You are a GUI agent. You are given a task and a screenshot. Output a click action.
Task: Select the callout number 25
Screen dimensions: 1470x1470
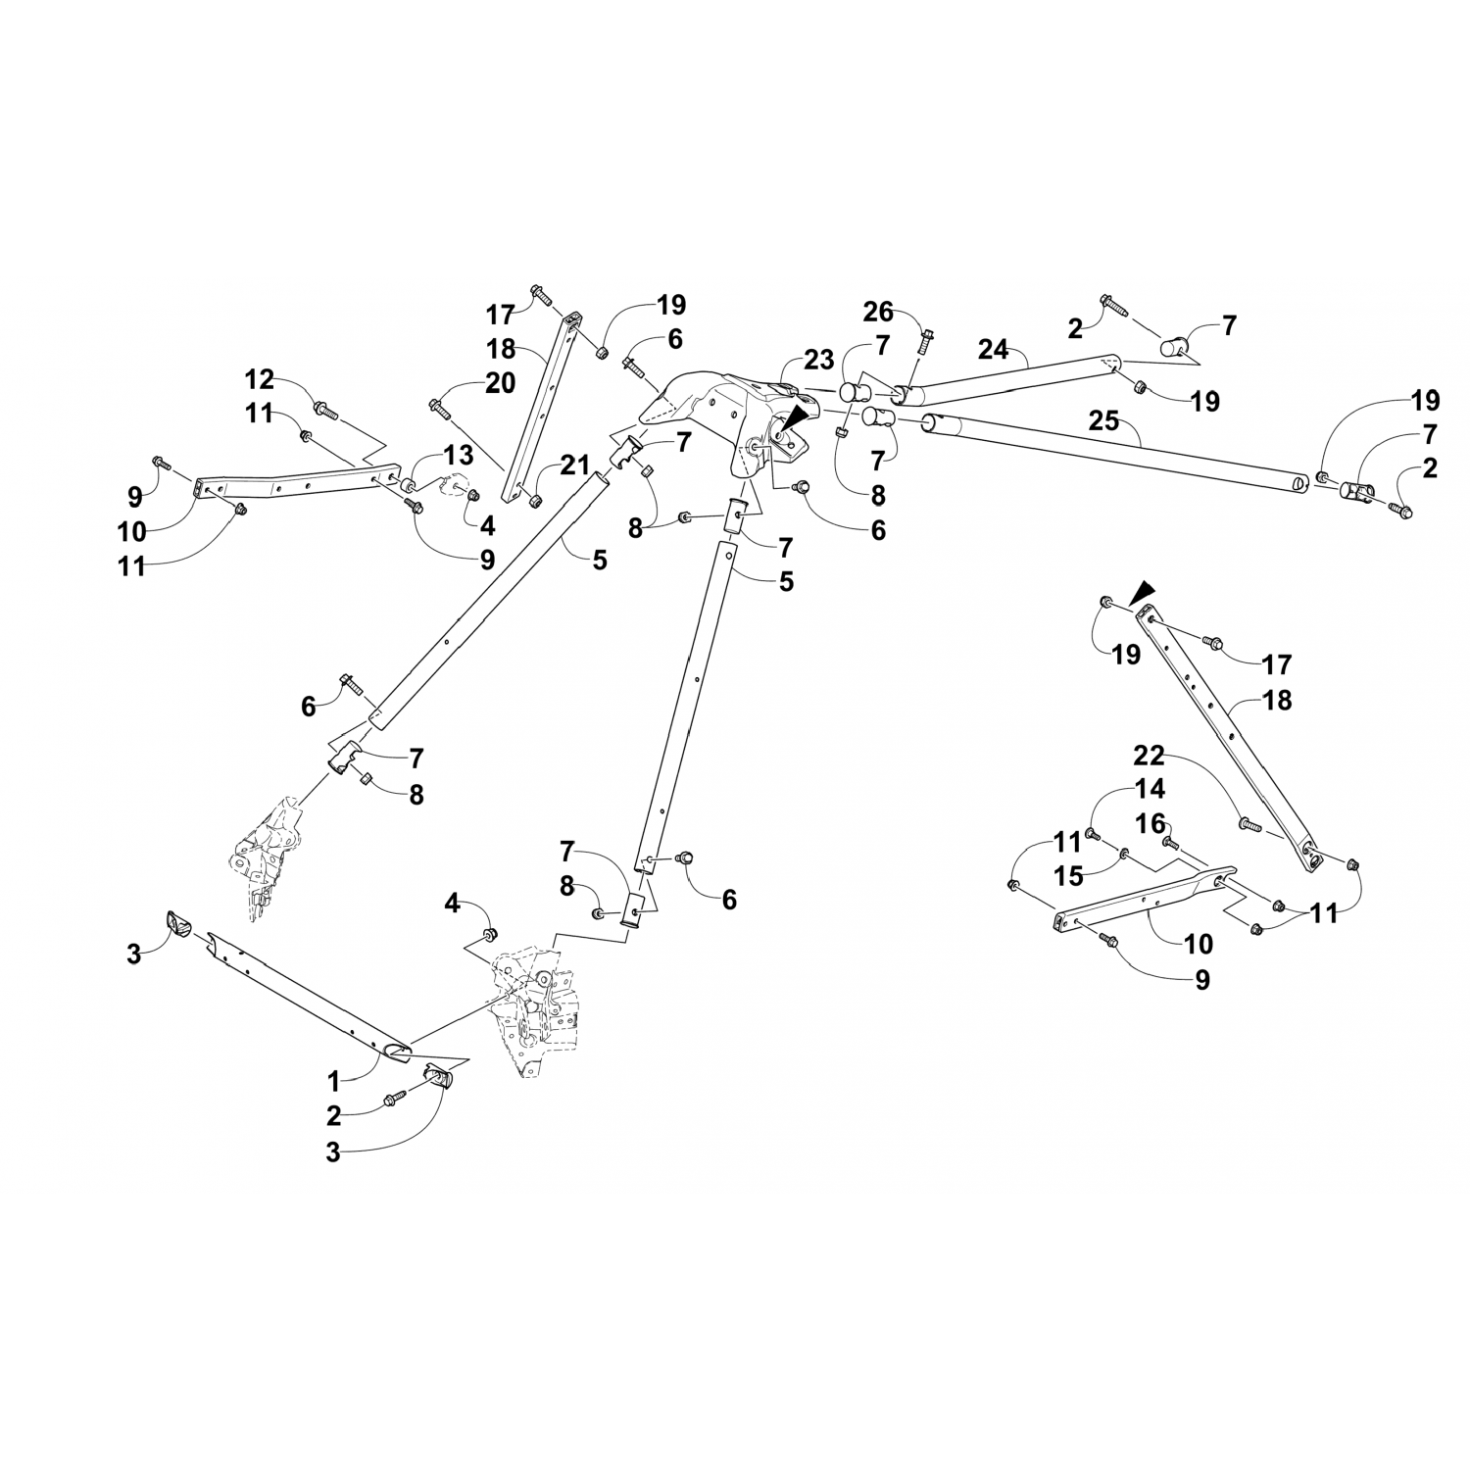[1103, 422]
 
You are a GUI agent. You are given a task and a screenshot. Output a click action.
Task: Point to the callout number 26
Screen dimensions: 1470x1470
[878, 312]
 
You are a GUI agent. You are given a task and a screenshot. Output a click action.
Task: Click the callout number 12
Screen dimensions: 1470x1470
[261, 379]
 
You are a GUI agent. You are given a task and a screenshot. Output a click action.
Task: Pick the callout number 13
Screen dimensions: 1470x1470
[458, 456]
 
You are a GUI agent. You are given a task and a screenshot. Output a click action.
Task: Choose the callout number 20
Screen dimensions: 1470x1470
[500, 383]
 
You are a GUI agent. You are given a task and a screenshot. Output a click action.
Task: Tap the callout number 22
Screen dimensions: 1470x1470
[1150, 756]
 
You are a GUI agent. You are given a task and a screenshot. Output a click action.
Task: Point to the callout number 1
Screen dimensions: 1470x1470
[333, 1081]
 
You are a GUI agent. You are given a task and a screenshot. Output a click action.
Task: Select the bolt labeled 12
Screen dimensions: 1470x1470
[325, 409]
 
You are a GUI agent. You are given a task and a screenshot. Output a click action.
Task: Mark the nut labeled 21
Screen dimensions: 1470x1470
[536, 502]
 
